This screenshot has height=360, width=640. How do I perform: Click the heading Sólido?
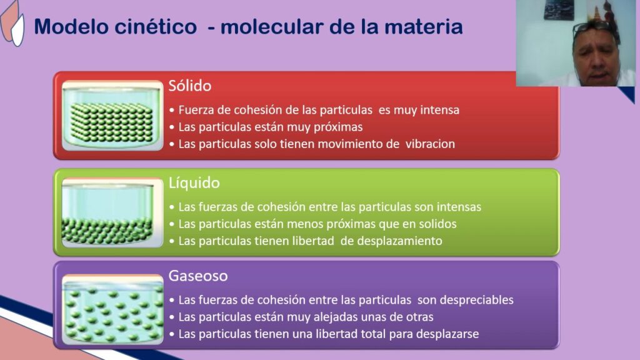click(x=190, y=86)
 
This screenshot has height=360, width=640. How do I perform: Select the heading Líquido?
click(x=194, y=183)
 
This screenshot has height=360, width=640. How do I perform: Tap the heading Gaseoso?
click(x=198, y=276)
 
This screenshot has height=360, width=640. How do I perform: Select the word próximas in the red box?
click(x=341, y=127)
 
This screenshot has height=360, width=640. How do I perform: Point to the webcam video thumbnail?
click(x=575, y=42)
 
